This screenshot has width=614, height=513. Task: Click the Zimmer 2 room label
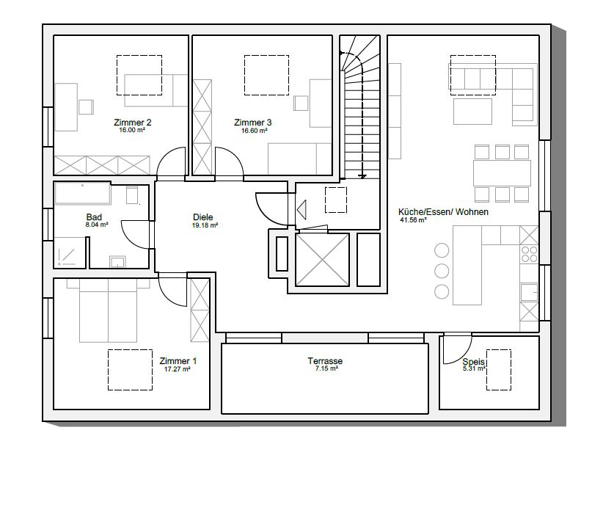click(132, 123)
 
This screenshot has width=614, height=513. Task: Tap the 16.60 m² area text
click(254, 131)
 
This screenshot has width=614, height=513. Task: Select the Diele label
click(203, 217)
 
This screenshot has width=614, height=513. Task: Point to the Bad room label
click(94, 217)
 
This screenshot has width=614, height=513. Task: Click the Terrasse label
click(325, 361)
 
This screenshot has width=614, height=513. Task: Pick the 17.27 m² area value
click(178, 369)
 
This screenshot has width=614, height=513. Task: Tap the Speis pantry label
click(473, 362)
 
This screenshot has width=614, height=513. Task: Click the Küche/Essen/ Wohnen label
click(443, 212)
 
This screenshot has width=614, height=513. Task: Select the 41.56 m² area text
click(413, 220)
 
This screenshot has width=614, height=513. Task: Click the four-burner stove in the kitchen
click(529, 254)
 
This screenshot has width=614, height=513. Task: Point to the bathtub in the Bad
click(83, 193)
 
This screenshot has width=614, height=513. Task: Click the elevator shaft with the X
click(322, 260)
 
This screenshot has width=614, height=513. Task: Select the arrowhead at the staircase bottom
click(362, 176)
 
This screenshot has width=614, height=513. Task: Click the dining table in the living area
click(502, 172)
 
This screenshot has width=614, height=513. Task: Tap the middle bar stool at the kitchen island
click(442, 271)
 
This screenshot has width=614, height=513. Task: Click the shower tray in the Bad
click(70, 252)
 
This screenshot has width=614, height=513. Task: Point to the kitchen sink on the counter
click(529, 292)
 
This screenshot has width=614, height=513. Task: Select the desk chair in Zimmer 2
click(86, 107)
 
